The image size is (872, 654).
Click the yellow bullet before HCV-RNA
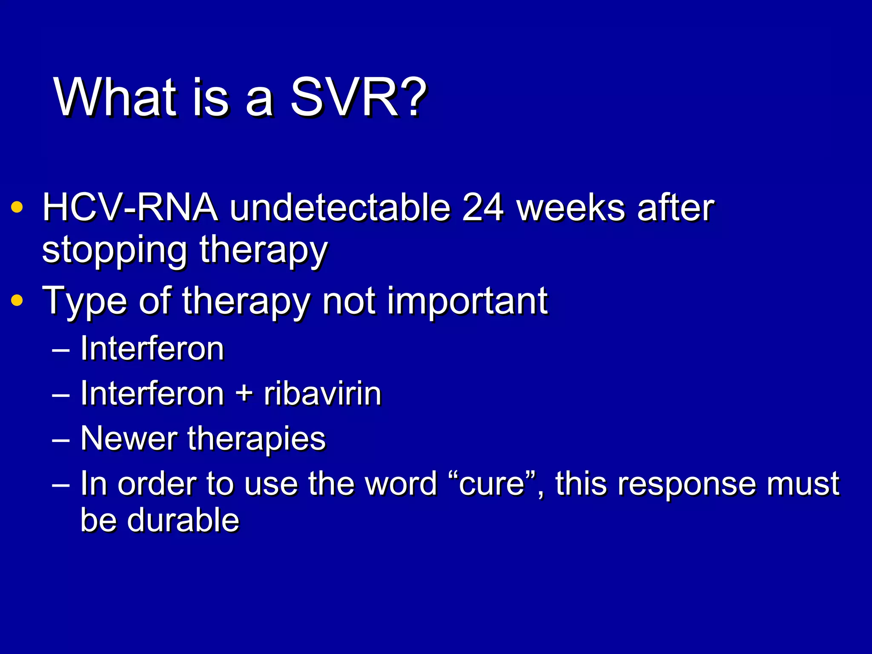tap(17, 207)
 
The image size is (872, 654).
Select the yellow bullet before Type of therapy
tap(17, 301)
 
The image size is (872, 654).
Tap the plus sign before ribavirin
tap(244, 393)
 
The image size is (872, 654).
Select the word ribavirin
tap(322, 393)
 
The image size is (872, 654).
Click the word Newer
tap(129, 439)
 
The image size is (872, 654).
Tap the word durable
tap(183, 520)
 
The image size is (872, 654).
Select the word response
tap(686, 485)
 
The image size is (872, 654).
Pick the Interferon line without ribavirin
tap(152, 348)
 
